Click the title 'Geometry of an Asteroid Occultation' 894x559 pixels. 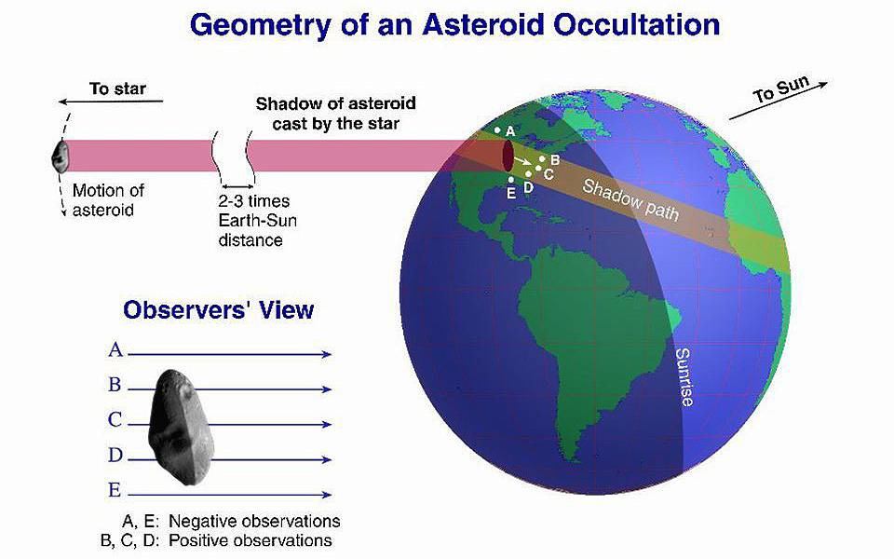click(454, 24)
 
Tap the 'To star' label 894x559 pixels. click(117, 89)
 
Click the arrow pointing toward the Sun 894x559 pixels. click(779, 101)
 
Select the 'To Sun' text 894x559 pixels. click(781, 89)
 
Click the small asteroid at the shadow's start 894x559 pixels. click(60, 156)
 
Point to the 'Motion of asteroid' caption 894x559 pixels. click(108, 199)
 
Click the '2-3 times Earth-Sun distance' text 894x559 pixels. click(257, 220)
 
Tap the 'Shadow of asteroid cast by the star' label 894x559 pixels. click(336, 113)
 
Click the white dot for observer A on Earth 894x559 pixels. click(497, 130)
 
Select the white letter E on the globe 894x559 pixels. click(511, 194)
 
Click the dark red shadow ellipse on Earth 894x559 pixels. click(508, 156)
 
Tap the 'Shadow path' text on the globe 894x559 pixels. click(630, 200)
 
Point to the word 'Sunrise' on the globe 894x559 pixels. click(684, 377)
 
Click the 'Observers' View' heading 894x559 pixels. click(218, 309)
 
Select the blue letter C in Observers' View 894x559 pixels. click(115, 420)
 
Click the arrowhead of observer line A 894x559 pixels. click(327, 354)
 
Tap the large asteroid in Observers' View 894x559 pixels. click(181, 427)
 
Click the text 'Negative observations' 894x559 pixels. click(254, 522)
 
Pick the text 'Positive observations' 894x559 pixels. click(251, 540)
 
